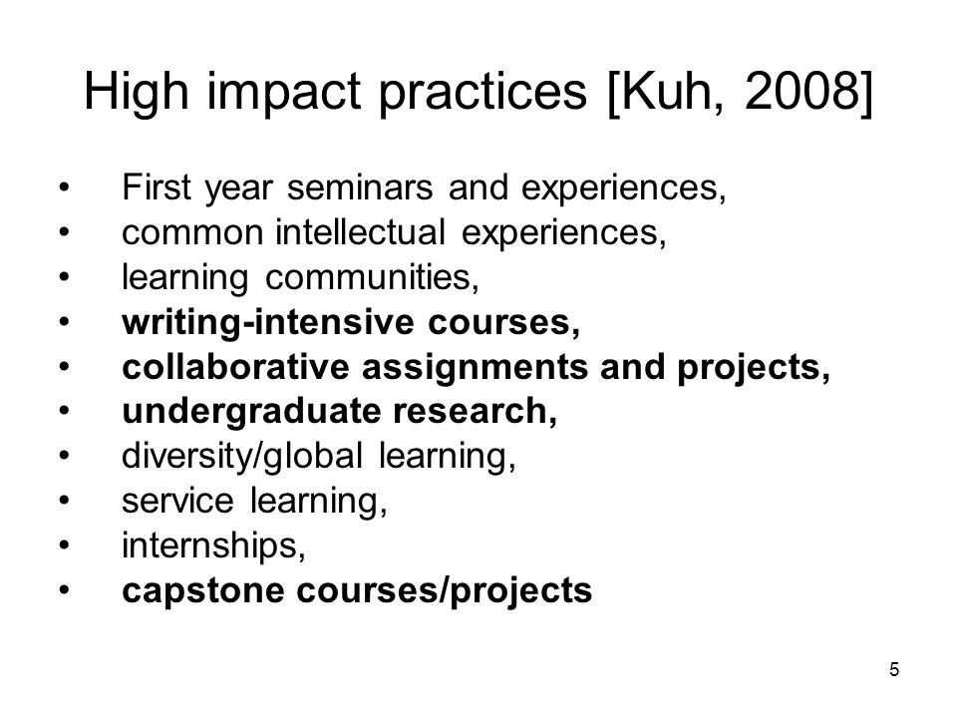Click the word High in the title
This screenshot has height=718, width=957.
tap(137, 92)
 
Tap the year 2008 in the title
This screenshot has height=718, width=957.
tap(801, 91)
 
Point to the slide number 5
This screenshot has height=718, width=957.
tap(894, 670)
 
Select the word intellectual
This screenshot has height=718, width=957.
tap(360, 232)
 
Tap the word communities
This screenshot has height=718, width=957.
tap(372, 277)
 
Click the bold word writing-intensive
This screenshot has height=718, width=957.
tap(268, 323)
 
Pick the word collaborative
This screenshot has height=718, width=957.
tap(235, 367)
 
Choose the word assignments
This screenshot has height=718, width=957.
tap(475, 368)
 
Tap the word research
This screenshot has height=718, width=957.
tap(475, 412)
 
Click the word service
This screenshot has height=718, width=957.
tap(177, 502)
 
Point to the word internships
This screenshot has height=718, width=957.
tap(213, 545)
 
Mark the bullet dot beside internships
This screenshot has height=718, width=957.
tap(65, 545)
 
